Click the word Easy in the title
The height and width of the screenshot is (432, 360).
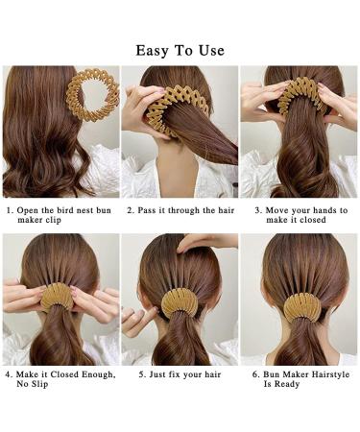[x=153, y=51]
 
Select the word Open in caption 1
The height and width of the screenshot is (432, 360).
[x=27, y=210]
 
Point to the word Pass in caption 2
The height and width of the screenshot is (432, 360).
[x=147, y=210]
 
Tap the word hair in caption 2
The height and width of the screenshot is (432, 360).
[x=227, y=210]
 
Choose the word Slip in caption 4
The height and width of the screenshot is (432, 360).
[x=39, y=384]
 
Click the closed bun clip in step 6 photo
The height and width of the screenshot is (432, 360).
[x=303, y=307]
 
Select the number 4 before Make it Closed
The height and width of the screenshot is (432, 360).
[x=9, y=374]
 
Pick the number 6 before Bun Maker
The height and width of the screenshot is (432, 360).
[x=255, y=374]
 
